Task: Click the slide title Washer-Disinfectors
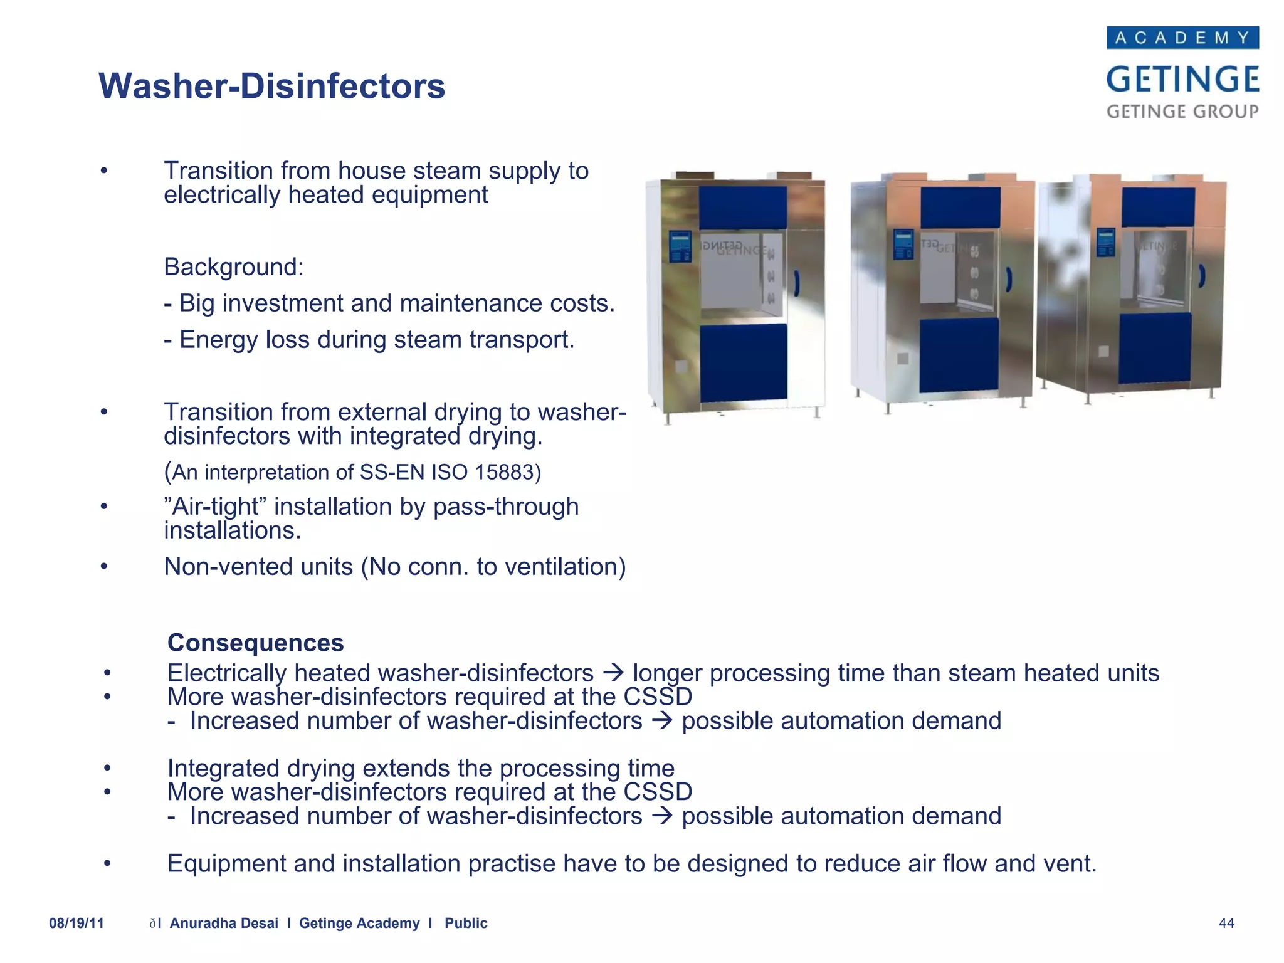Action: click(271, 86)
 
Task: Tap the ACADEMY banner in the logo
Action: click(1182, 38)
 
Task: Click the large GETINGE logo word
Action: click(1182, 80)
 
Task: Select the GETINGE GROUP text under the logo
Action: click(1182, 112)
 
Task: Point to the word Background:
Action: click(234, 267)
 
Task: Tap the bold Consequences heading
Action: click(255, 643)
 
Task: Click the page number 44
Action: click(1226, 923)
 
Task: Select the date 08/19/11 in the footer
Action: click(76, 923)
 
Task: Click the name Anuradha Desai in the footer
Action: click(224, 923)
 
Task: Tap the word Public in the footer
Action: click(466, 923)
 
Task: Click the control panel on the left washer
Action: click(680, 246)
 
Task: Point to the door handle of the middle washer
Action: click(1009, 280)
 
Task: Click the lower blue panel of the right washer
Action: click(1154, 348)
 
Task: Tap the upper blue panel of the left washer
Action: click(742, 207)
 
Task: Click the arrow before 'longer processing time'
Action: click(613, 673)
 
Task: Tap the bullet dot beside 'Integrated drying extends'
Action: click(107, 768)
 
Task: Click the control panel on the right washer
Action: click(1105, 242)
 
